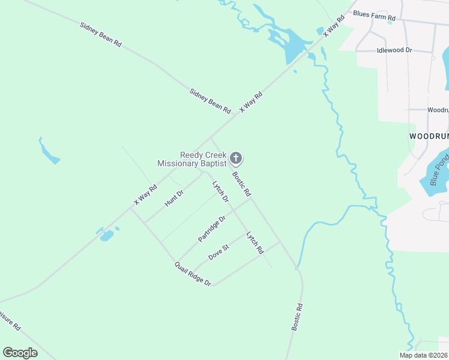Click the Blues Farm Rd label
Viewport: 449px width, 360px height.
(374, 15)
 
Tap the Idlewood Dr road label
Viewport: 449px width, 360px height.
(394, 51)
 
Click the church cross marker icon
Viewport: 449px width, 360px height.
(237, 158)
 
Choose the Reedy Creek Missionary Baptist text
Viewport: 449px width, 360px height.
(191, 159)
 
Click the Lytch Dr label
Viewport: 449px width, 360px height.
(221, 191)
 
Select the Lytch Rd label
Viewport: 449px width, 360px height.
(255, 242)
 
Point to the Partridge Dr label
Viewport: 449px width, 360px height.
(212, 229)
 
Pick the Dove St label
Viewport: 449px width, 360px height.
(218, 252)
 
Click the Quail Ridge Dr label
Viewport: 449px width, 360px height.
(193, 274)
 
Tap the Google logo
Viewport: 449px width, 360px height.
(20, 353)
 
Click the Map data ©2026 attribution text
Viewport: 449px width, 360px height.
(423, 355)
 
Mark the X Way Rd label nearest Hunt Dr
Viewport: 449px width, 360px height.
(145, 195)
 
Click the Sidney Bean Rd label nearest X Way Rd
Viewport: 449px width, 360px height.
(210, 101)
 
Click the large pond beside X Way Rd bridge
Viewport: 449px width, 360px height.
(292, 46)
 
